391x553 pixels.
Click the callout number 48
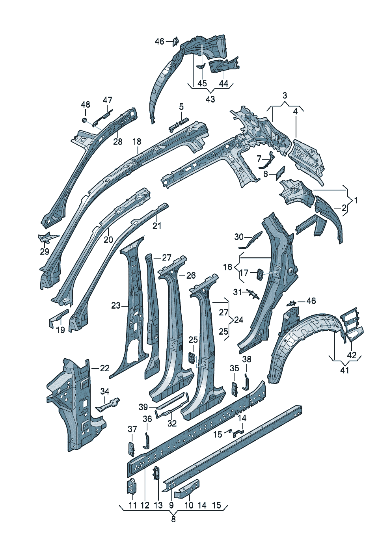coord(86,105)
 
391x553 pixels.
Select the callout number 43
coord(210,99)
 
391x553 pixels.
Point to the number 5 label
coord(181,107)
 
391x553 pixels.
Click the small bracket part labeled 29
coord(47,237)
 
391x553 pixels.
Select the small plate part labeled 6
coord(280,173)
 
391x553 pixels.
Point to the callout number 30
coord(239,237)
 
